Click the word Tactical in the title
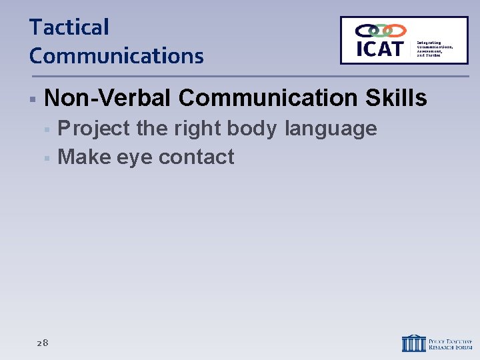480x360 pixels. click(x=69, y=27)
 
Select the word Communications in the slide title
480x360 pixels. click(x=116, y=55)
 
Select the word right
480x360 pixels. click(x=199, y=128)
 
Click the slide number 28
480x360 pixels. click(x=43, y=343)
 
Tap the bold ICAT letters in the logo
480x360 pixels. click(x=379, y=48)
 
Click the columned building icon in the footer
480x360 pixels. click(x=413, y=343)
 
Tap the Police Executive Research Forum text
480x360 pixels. click(x=451, y=343)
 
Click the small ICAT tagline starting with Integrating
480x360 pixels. click(x=435, y=49)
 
